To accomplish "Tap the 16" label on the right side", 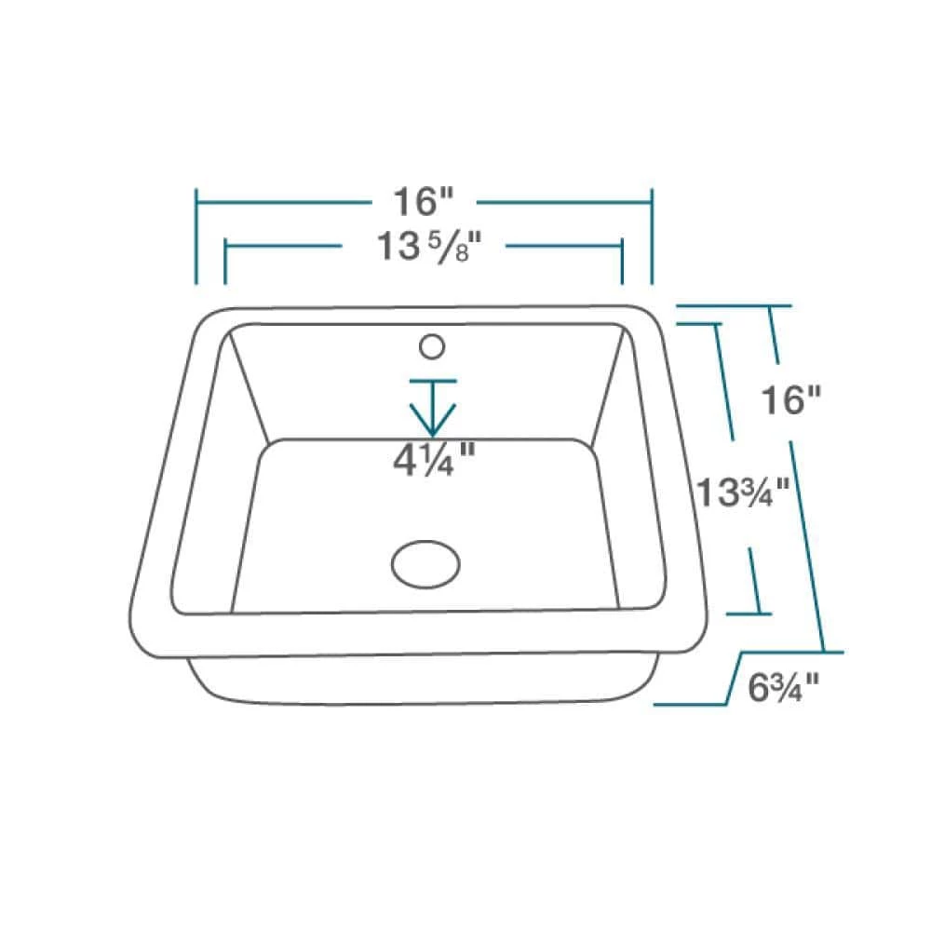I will tap(792, 400).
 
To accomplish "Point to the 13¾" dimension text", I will tap(744, 491).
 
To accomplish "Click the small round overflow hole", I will tap(431, 347).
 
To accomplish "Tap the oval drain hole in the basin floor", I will tap(425, 564).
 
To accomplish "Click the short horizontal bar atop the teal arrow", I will tap(432, 381).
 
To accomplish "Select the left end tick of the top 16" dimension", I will tap(196, 236).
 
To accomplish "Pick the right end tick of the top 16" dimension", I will tap(652, 236).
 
